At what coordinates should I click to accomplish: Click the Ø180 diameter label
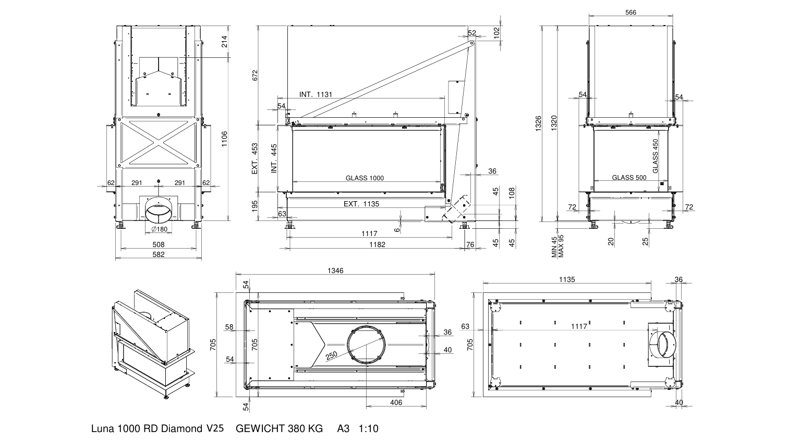click(x=160, y=229)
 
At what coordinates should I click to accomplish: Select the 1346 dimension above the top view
click(x=335, y=270)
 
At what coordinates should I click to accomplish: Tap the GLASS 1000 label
click(x=365, y=178)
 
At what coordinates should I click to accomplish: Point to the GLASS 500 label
click(x=629, y=178)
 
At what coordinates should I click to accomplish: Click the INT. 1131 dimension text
click(x=316, y=94)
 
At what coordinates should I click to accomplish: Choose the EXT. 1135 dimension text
click(x=361, y=204)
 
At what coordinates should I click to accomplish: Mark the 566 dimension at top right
click(x=631, y=13)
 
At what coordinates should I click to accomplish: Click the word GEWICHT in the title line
click(x=260, y=428)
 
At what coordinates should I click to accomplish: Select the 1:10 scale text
click(x=368, y=428)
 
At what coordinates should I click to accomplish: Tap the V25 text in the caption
click(x=215, y=428)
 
